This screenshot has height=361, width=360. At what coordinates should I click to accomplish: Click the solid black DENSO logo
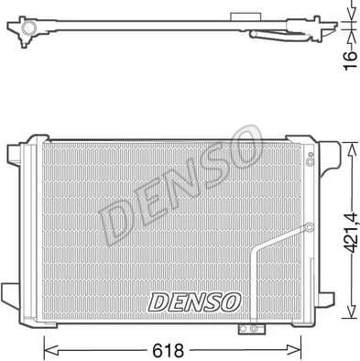click(x=193, y=301)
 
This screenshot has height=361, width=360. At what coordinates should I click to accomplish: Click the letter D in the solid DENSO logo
click(x=156, y=301)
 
